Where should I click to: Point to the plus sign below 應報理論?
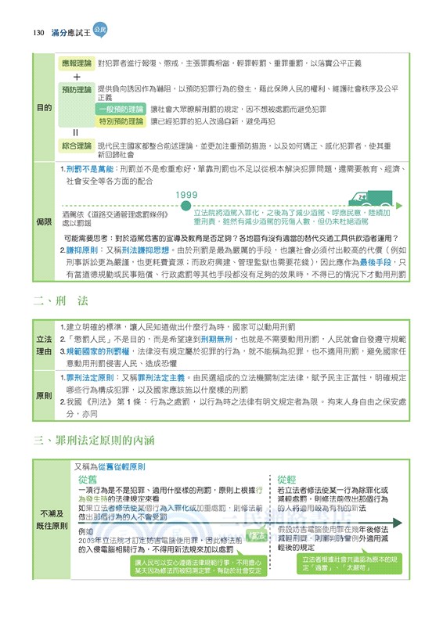click(77, 77)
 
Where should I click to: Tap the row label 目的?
click(44, 107)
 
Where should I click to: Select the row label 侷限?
click(44, 222)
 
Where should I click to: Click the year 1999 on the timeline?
click(185, 195)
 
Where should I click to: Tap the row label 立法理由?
click(44, 345)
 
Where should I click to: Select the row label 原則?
click(44, 396)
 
